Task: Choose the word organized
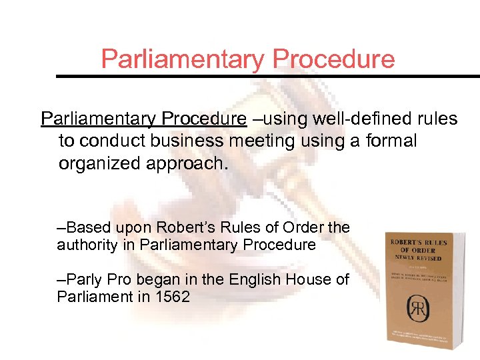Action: click(97, 164)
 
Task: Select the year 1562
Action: click(171, 297)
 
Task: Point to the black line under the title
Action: click(267, 76)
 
